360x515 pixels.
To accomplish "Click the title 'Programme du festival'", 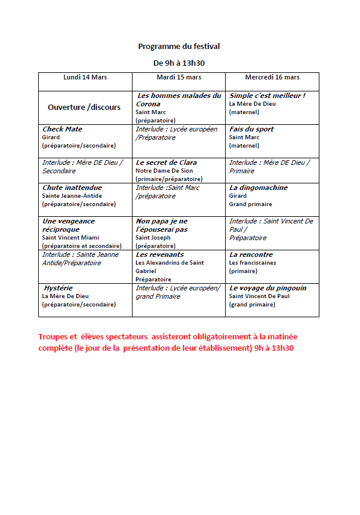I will pos(179,46).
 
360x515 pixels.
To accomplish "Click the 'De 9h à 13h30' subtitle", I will pos(179,62).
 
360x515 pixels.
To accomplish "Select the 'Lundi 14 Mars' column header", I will pos(85,78).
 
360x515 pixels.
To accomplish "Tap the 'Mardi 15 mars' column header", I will pos(179,78).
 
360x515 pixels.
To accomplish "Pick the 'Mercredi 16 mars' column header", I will pos(272,78).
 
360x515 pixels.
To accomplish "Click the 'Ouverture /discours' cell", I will pos(84,108).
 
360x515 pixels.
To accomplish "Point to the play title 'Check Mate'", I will pos(62,129).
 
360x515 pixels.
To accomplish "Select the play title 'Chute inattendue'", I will pos(72,188).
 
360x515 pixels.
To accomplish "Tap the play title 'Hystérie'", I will pos(59,288).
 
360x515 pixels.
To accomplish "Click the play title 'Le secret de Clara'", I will pos(166,163).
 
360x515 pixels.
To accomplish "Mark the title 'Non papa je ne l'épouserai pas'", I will pos(161,225).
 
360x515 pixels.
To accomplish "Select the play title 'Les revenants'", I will pos(159,255).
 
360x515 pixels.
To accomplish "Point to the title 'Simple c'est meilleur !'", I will pos(267,96).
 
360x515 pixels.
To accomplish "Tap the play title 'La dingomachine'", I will pos(259,188).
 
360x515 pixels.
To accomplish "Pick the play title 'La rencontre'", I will pos(251,255).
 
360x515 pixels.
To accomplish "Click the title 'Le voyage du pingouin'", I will pos(267,288).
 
